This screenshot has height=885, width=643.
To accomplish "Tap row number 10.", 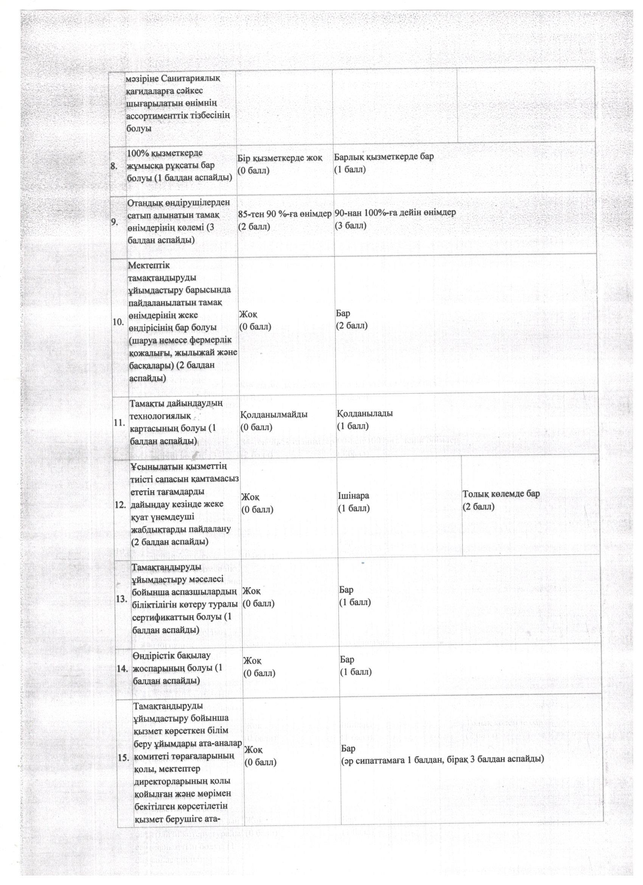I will click(x=118, y=321).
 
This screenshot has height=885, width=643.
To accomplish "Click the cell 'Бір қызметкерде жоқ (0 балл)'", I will click(x=280, y=164).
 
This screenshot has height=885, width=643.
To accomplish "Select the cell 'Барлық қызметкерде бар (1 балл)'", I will click(x=384, y=163).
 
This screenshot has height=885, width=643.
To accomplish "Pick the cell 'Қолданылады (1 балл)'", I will click(x=365, y=419).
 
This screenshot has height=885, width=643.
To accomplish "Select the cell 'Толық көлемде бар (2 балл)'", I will click(x=501, y=500).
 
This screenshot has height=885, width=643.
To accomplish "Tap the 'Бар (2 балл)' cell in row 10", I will click(x=351, y=319).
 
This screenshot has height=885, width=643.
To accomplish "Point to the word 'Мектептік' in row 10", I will click(x=149, y=265).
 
